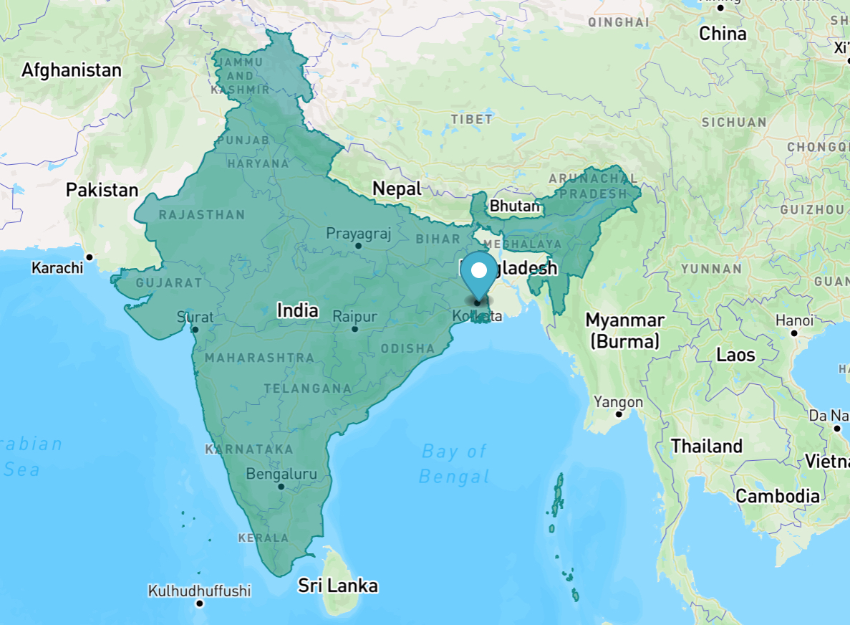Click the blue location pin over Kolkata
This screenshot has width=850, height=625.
coord(478,273)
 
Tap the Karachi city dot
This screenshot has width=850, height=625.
coord(90,257)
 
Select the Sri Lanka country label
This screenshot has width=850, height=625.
coord(337,586)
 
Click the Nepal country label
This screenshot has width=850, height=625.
coord(397,189)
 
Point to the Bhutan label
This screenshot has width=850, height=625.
coord(514,206)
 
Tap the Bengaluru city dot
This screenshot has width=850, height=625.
coord(281,487)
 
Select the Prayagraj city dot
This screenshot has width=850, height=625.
coord(358,246)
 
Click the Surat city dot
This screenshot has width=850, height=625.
coord(195,330)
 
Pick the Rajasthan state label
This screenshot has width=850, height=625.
coord(201,214)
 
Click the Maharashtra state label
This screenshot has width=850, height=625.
coord(259,357)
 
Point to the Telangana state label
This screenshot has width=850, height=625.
coord(307,388)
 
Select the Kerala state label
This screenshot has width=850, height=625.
coord(264,538)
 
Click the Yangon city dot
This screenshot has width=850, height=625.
coord(619,414)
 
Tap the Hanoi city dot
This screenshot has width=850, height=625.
coord(794,333)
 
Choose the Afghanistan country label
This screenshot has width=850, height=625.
coord(72,70)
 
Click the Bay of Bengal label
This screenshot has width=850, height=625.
coord(454,463)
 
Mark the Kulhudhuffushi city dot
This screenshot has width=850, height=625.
coord(200,603)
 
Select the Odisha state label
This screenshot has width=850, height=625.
coord(407,349)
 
